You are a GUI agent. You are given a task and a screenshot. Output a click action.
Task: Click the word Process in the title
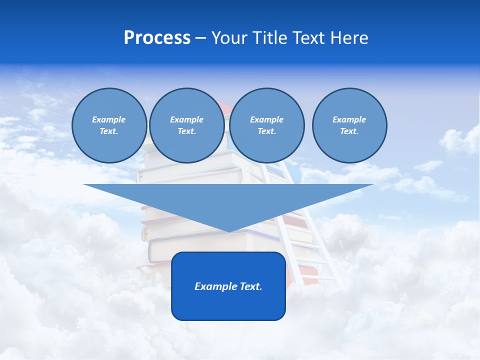[157, 38]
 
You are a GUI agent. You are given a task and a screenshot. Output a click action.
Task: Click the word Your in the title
[229, 38]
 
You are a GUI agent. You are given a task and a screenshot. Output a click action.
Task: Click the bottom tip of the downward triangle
[228, 230]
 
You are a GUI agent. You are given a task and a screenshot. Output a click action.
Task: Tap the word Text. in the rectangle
[250, 286]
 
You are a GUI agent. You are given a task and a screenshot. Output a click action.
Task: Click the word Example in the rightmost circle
[349, 119]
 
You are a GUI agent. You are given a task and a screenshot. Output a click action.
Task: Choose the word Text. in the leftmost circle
[109, 131]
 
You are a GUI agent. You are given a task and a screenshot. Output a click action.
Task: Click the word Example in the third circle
[266, 119]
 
